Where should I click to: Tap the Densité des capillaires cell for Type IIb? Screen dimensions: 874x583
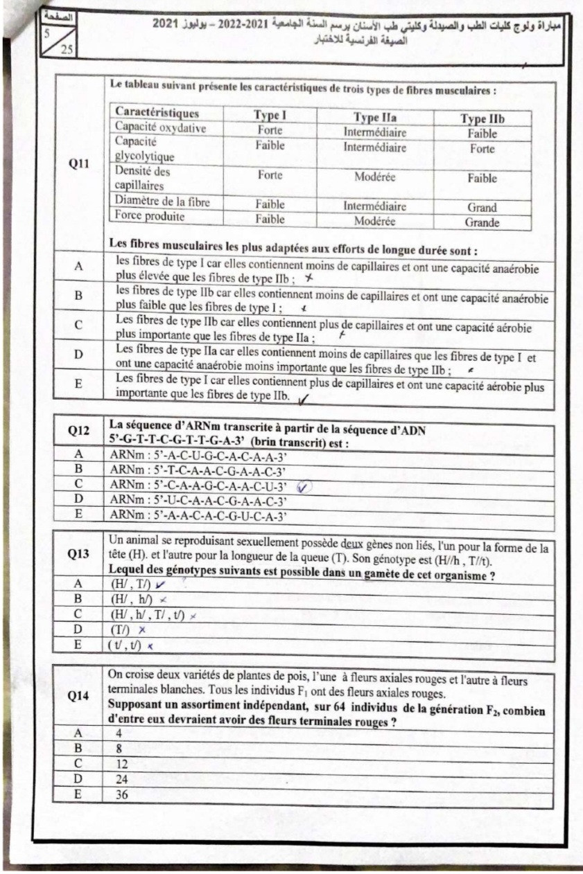482,178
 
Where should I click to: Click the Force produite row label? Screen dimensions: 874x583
150,216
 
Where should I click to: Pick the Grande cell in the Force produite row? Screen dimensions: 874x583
482,223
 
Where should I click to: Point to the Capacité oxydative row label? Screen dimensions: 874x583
160,128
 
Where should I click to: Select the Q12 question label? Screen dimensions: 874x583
78,430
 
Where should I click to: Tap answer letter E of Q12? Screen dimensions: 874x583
78,515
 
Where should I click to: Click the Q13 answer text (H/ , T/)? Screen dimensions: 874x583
130,585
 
